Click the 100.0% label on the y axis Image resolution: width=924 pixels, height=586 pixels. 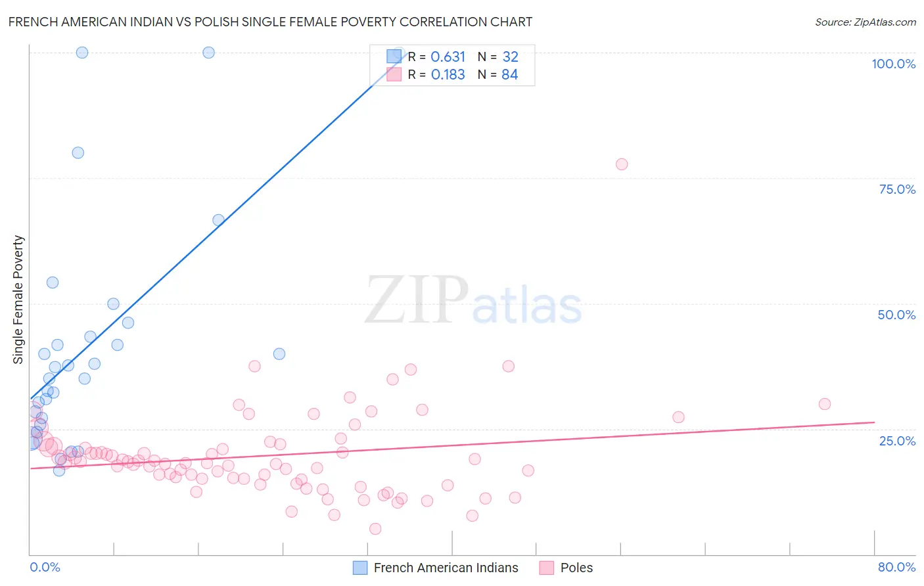tap(893, 64)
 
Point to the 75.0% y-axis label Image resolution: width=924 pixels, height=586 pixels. tap(897, 189)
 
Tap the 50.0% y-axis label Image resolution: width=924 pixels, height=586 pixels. tap(896, 315)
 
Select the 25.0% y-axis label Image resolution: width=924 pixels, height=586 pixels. tap(897, 441)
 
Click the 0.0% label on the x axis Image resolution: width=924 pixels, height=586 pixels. tap(45, 567)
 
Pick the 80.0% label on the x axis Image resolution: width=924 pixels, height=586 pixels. tap(896, 567)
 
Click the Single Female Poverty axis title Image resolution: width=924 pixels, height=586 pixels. tap(18, 300)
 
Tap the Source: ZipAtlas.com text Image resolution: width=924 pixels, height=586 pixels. tap(865, 22)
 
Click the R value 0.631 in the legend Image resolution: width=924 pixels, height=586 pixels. tap(448, 57)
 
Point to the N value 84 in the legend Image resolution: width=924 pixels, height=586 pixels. tap(509, 75)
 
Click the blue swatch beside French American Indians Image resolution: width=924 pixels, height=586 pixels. tap(360, 568)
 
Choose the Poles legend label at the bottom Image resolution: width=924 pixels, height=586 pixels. tap(576, 568)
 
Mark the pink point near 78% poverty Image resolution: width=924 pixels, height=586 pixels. tap(622, 164)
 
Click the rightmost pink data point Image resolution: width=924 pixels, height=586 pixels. tap(825, 404)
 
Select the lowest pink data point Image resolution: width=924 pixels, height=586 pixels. tap(375, 529)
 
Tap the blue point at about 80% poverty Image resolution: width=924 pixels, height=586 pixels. tap(78, 152)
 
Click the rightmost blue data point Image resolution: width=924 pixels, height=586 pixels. tap(279, 353)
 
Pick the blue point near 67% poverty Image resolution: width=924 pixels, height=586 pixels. tap(218, 220)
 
